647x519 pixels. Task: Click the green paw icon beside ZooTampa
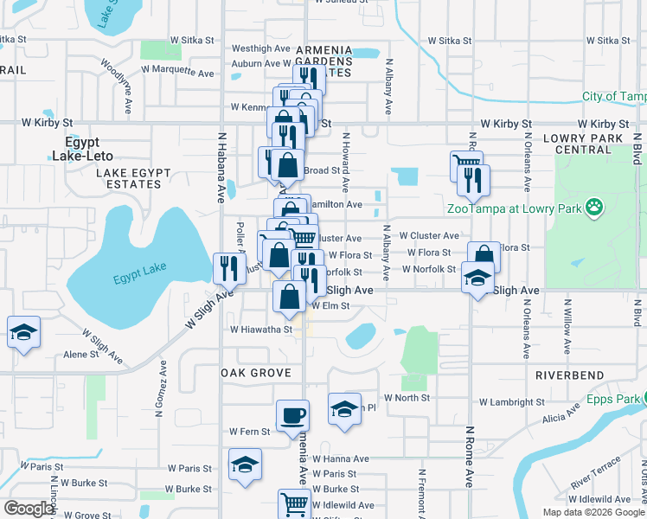click(x=594, y=207)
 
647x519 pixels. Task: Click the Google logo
click(x=28, y=509)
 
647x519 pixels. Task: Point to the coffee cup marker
click(x=292, y=415)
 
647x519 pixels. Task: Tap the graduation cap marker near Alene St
click(x=23, y=331)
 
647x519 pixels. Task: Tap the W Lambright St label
click(x=511, y=402)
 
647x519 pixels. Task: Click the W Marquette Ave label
click(x=177, y=67)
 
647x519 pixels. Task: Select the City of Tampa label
click(x=613, y=97)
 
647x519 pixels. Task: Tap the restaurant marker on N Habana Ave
click(x=225, y=266)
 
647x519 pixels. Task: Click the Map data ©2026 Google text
click(x=594, y=511)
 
